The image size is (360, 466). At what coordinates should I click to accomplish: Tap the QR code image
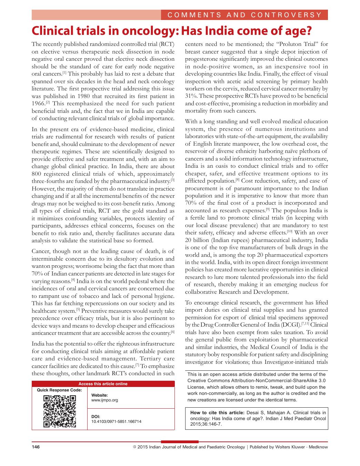(59, 411)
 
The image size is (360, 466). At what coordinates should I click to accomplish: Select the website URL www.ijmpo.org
(104, 400)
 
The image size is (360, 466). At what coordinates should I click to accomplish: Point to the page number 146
(36, 447)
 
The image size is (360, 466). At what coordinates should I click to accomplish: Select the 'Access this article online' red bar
(103, 384)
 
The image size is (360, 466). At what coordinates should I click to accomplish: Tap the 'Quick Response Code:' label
(59, 390)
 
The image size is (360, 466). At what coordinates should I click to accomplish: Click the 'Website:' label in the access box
(100, 395)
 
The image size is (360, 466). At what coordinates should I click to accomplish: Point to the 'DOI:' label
(96, 417)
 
